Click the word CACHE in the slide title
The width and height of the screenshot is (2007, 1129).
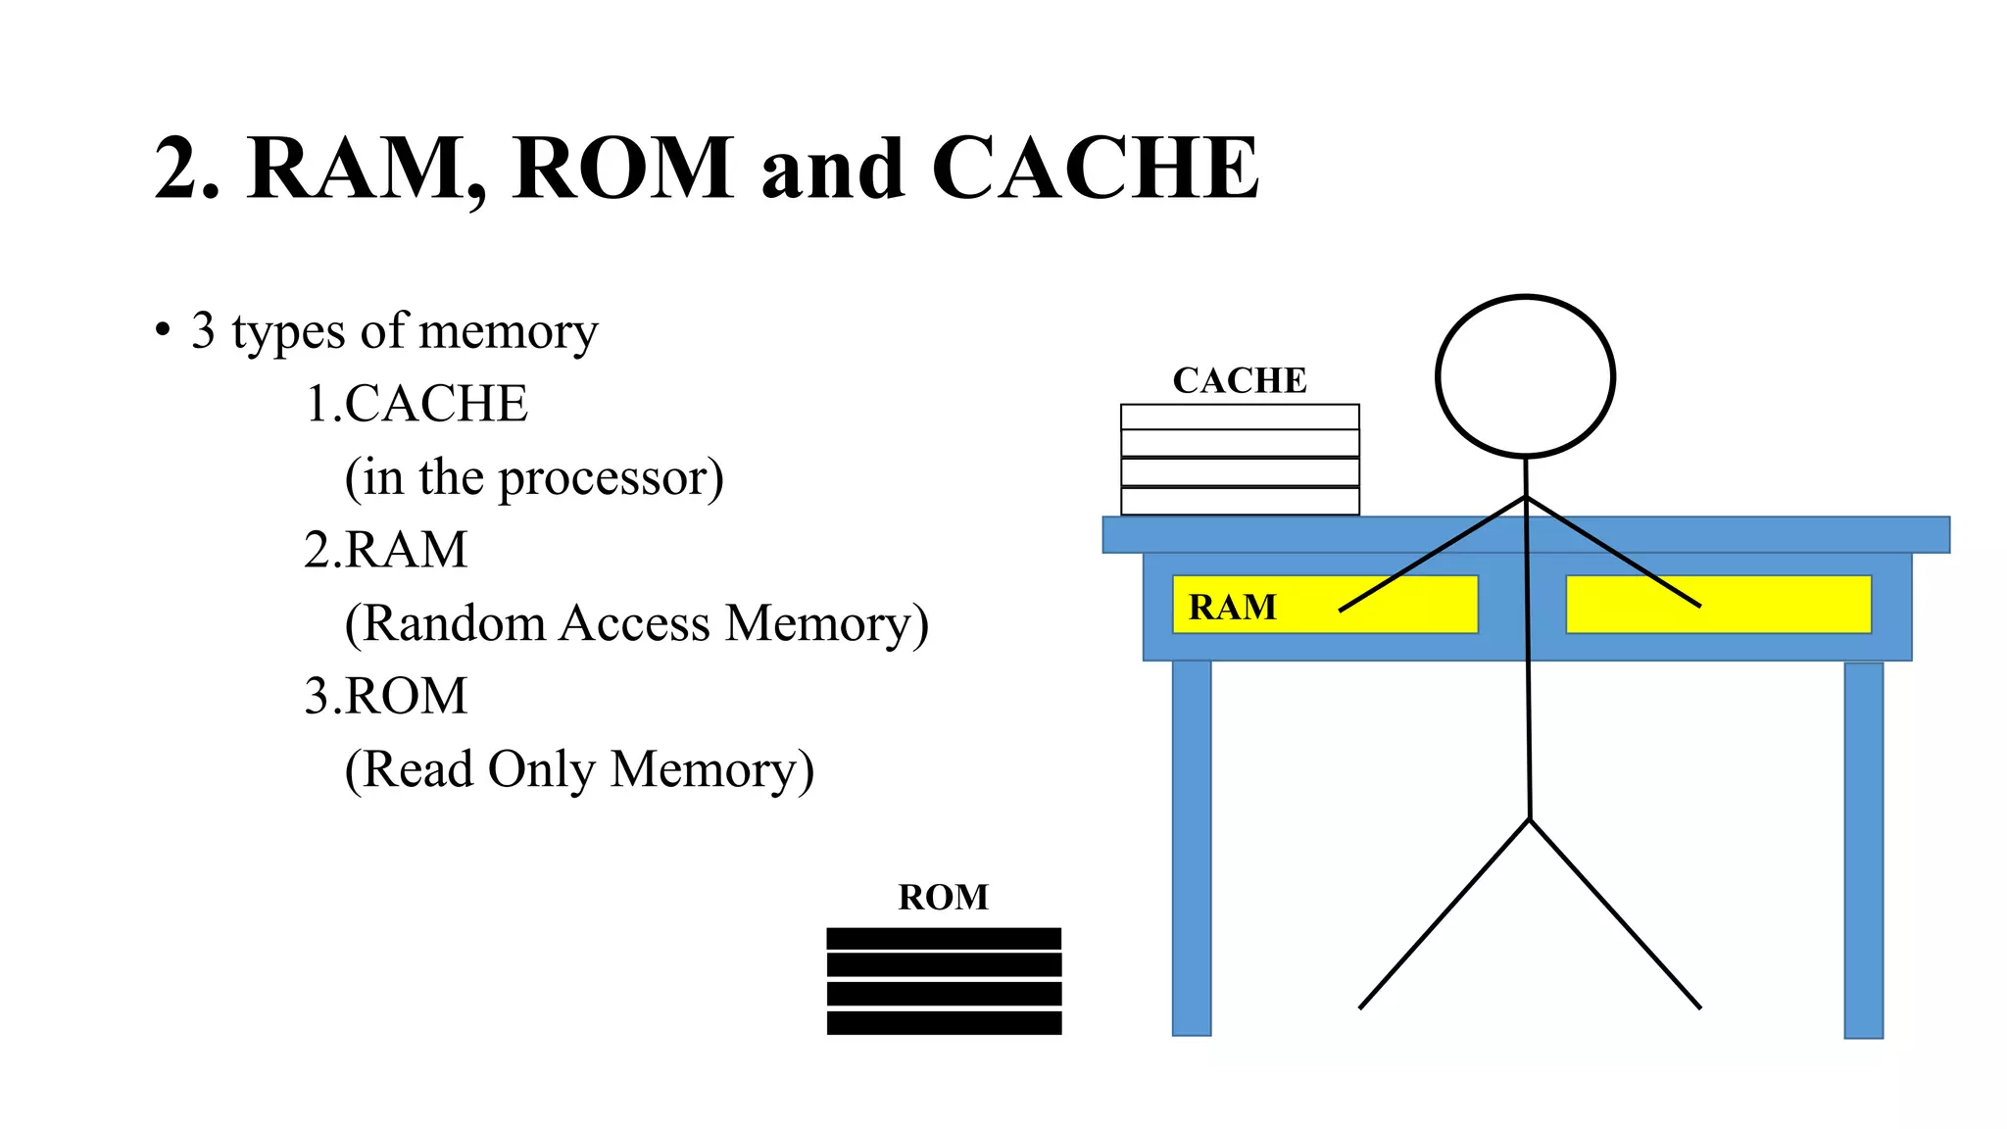[x=1095, y=169]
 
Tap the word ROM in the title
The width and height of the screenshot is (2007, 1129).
[x=622, y=169]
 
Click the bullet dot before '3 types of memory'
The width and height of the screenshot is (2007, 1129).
[x=163, y=329]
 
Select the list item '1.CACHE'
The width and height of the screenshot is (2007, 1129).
[x=416, y=404]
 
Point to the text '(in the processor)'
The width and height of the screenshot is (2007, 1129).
[x=534, y=478]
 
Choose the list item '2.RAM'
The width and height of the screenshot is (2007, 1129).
[x=386, y=550]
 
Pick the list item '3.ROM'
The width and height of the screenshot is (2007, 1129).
[x=386, y=696]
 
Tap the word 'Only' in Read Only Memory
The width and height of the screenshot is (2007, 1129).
[x=541, y=769]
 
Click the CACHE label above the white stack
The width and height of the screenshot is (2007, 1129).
[x=1240, y=380]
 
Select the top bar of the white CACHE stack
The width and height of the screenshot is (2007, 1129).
[x=1240, y=417]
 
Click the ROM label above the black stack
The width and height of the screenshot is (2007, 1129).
[x=943, y=897]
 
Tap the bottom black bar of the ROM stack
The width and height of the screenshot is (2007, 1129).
[x=944, y=1023]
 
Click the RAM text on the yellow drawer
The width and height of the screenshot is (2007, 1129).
[x=1232, y=608]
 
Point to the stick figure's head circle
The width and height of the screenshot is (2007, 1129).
[x=1525, y=376]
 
